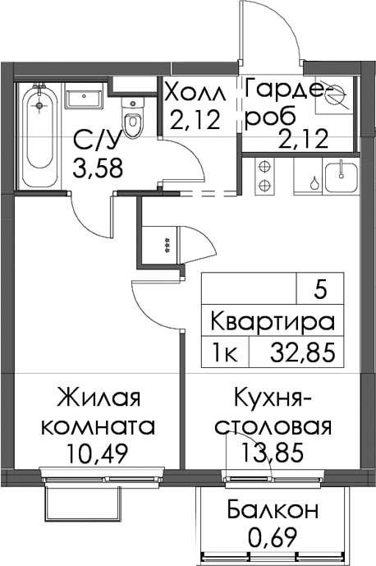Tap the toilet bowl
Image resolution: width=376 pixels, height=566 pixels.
pyautogui.click(x=131, y=118)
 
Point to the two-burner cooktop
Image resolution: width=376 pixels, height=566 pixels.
pyautogui.click(x=264, y=176)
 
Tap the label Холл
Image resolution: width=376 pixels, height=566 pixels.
pyautogui.click(x=195, y=93)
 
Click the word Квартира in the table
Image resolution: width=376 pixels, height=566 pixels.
pyautogui.click(x=273, y=321)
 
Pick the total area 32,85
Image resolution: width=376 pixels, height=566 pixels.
pyautogui.click(x=303, y=352)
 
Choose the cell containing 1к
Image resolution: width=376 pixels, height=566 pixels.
pyautogui.click(x=225, y=352)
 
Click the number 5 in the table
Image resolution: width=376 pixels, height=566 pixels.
pyautogui.click(x=320, y=291)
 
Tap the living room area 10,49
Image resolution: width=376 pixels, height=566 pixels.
pyautogui.click(x=97, y=453)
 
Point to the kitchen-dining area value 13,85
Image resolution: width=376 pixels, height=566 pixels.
pyautogui.click(x=272, y=453)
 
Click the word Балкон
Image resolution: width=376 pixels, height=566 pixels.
pyautogui.click(x=273, y=509)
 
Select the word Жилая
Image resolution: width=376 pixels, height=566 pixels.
pyautogui.click(x=99, y=397)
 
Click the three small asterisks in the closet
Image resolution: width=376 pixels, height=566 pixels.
pyautogui.click(x=167, y=246)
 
